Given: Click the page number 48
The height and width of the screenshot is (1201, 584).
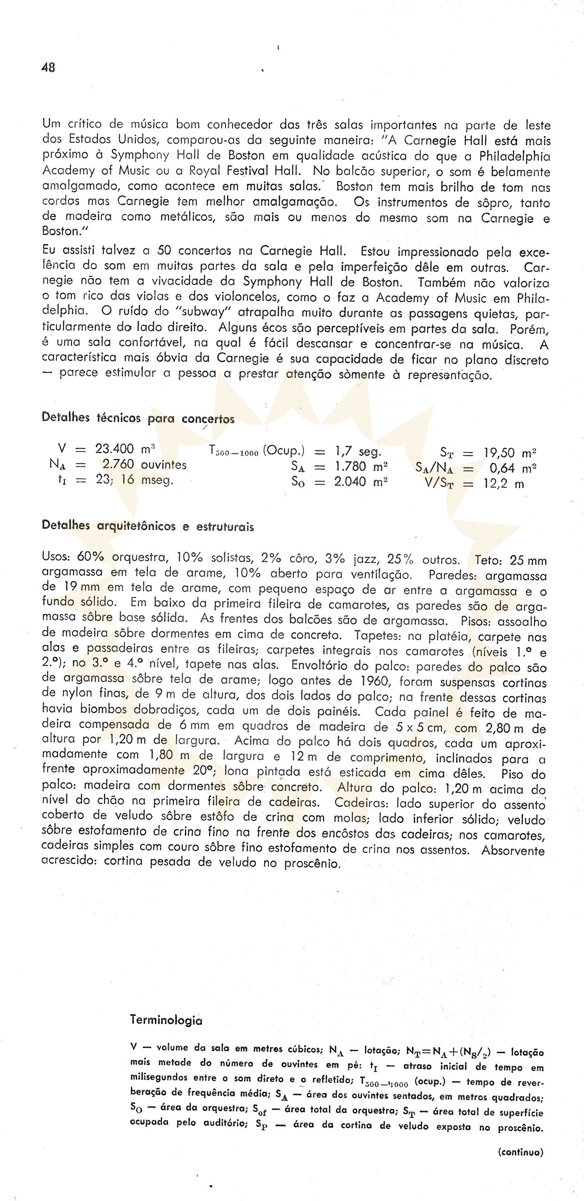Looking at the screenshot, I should pyautogui.click(x=49, y=67).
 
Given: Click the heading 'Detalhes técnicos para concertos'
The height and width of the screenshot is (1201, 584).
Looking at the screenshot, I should pyautogui.click(x=138, y=418).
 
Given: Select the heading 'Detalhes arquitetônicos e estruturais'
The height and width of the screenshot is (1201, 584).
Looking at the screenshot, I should pyautogui.click(x=147, y=526).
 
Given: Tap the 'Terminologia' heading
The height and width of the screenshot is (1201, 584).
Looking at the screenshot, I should pyautogui.click(x=166, y=1020).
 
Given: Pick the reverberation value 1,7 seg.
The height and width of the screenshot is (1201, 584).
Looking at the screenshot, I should pyautogui.click(x=357, y=451).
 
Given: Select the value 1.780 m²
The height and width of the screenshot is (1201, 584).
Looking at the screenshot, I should pyautogui.click(x=361, y=468).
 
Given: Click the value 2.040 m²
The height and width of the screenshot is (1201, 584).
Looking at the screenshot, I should pyautogui.click(x=361, y=483).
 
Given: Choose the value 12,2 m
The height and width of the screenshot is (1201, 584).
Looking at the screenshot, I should pyautogui.click(x=503, y=484).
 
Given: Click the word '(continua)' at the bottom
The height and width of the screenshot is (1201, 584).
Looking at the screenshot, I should pyautogui.click(x=520, y=1152).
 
